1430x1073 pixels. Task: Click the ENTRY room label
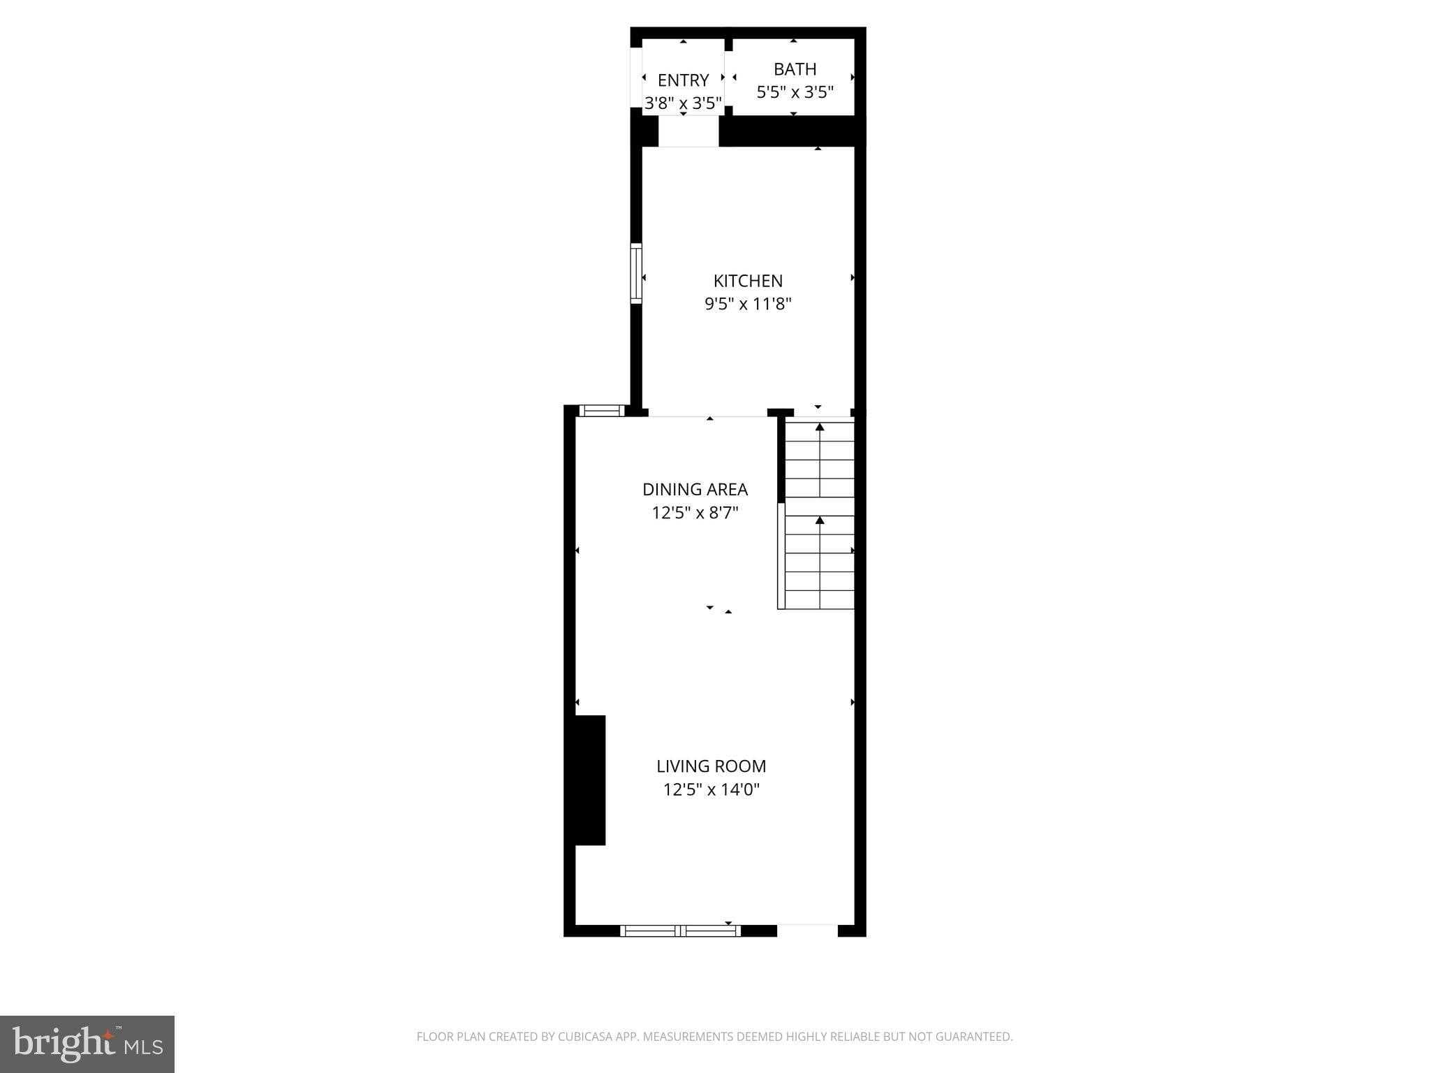[x=683, y=80]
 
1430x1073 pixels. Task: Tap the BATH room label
[x=795, y=69]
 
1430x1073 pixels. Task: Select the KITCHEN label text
[x=748, y=281]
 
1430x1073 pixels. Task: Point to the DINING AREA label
[x=695, y=489]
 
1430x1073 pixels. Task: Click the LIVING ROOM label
[x=711, y=766]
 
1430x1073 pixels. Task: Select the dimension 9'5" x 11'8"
[x=748, y=304]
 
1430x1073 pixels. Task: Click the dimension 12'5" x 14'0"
[x=711, y=790]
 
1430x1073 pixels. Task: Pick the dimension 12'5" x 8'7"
[x=695, y=513]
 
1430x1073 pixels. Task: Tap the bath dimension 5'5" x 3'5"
[x=795, y=92]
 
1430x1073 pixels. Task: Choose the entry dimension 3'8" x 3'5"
[x=683, y=103]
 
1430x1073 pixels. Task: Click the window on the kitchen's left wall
[x=635, y=273]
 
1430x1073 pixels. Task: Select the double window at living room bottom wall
[x=680, y=930]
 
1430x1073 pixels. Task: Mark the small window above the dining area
[x=601, y=410]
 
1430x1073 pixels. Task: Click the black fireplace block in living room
[x=589, y=780]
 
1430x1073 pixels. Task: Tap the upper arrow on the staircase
[x=820, y=428]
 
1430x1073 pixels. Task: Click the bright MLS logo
[x=87, y=1044]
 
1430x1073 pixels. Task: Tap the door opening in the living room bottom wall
[x=807, y=930]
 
